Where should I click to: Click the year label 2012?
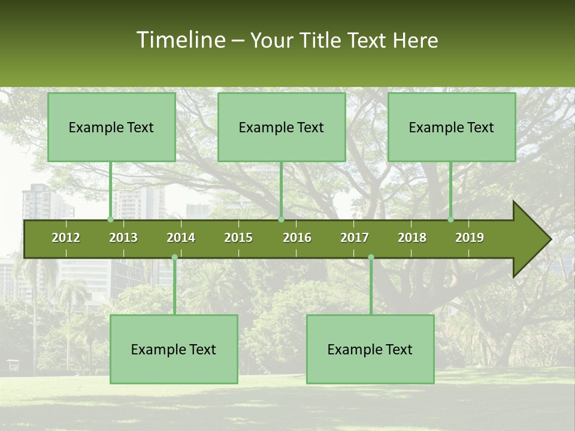coord(66,238)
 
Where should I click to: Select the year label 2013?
coord(123,238)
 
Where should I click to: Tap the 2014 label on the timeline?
coord(181,238)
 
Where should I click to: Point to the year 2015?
coord(238,238)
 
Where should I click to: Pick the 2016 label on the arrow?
coord(297,238)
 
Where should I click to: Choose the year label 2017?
coord(355,238)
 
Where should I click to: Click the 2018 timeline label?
coord(412,238)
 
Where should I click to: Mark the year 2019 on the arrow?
coord(470,238)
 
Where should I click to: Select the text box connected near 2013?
coord(111,127)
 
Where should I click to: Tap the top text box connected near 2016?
coord(282,127)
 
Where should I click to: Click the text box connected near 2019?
coord(452,127)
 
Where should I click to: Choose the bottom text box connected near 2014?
coord(174,349)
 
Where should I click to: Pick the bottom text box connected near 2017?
coord(370,349)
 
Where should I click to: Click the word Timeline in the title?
coord(180,40)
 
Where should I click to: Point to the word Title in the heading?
coord(323,40)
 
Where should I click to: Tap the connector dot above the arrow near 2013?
coord(110,220)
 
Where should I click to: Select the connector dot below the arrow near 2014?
coord(174,257)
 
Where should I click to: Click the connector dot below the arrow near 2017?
coord(371,257)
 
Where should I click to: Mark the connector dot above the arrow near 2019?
coord(451,220)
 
